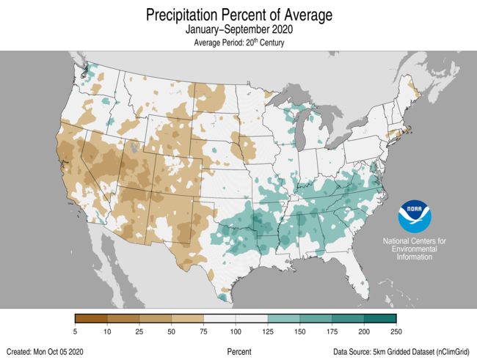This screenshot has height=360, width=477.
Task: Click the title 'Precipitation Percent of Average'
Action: (238, 15)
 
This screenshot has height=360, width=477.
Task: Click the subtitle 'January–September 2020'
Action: (238, 31)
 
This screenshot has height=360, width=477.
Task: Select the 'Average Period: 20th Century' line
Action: (238, 43)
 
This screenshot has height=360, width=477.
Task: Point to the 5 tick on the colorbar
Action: (76, 332)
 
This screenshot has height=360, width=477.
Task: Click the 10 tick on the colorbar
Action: (108, 332)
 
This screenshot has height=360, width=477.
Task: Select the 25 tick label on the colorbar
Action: (139, 332)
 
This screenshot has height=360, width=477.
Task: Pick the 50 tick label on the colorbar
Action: (172, 332)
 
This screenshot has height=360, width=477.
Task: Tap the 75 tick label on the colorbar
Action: (204, 332)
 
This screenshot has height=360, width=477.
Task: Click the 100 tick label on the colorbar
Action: (236, 332)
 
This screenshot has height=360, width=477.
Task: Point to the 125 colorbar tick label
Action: (268, 332)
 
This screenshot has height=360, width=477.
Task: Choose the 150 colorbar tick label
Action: (300, 332)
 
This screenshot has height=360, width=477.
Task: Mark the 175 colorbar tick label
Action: (332, 332)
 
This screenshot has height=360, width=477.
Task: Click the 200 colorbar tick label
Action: (365, 332)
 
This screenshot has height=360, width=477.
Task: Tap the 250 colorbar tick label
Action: (396, 332)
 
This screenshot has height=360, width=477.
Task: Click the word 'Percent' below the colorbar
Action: (239, 352)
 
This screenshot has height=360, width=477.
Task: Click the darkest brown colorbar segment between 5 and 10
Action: (92, 318)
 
